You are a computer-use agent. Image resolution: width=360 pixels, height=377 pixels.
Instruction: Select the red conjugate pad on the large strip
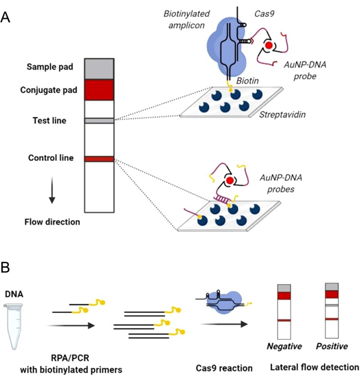[x=99, y=90]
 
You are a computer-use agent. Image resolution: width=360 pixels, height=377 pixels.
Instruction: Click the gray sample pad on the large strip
[x=99, y=68]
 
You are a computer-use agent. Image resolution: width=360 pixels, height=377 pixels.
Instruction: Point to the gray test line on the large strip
[x=99, y=121]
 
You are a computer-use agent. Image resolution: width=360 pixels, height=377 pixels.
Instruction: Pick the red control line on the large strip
[x=99, y=159]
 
